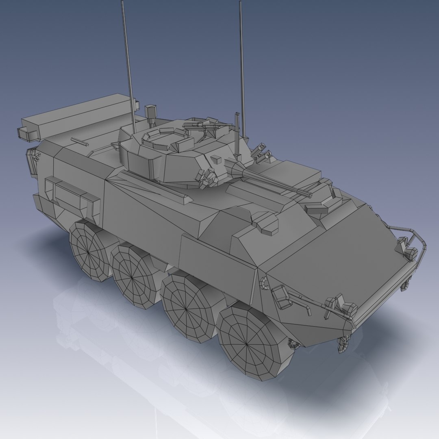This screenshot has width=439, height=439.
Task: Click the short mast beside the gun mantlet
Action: [237, 134]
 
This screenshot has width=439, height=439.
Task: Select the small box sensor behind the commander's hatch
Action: [151, 111]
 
